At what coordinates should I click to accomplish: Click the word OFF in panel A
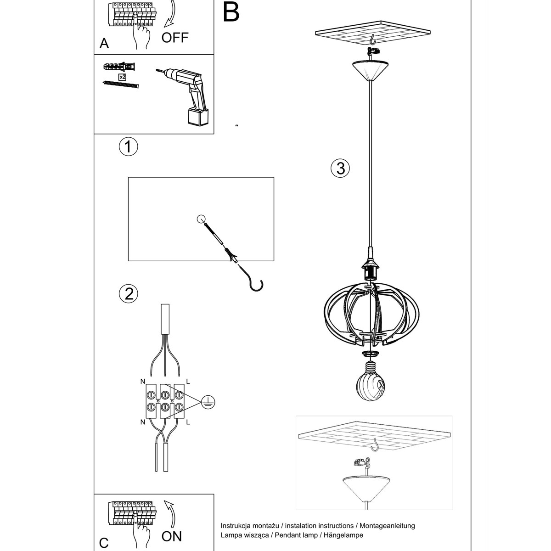point(175,38)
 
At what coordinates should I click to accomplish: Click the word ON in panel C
point(172,536)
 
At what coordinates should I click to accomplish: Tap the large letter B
point(231,12)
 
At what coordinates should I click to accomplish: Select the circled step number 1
point(129,146)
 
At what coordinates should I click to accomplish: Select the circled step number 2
point(129,294)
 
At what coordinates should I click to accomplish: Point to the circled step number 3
point(340,168)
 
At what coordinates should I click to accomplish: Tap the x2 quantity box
point(122,77)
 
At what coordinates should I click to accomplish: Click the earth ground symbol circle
point(208,402)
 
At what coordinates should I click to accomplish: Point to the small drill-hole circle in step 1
point(201,219)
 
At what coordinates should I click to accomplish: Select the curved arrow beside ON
point(171,513)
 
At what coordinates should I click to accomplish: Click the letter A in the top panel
point(104,44)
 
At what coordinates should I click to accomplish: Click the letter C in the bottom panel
point(104,543)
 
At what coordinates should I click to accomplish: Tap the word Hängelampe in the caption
point(343,535)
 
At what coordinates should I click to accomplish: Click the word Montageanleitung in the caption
point(387,526)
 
